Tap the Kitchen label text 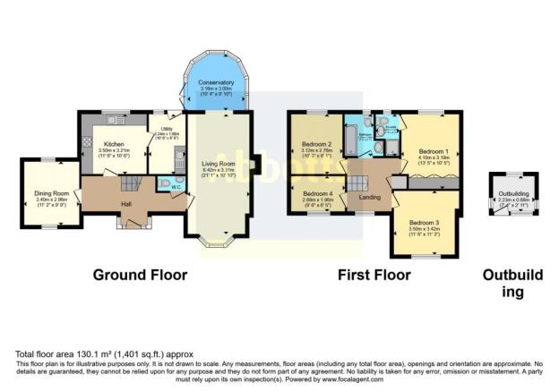pos(115,144)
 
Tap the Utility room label pos(168,129)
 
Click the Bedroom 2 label pos(316,144)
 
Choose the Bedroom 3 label pos(423,222)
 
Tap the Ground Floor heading pos(140,275)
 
